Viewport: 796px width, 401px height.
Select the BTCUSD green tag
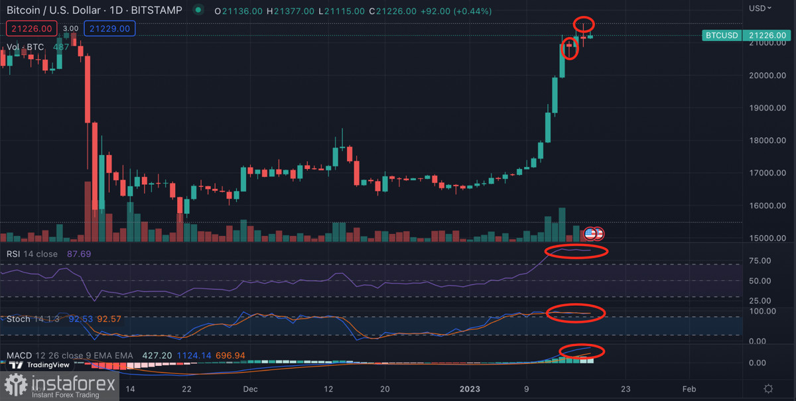(x=721, y=34)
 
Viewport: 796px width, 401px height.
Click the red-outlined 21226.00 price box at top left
(x=30, y=29)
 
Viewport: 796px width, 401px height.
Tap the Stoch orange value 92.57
(x=109, y=319)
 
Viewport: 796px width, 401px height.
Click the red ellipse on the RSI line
(x=576, y=251)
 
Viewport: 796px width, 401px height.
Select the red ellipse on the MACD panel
(x=582, y=351)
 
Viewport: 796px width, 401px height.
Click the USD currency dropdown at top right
(x=760, y=9)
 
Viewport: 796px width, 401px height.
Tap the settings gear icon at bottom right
(x=768, y=389)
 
